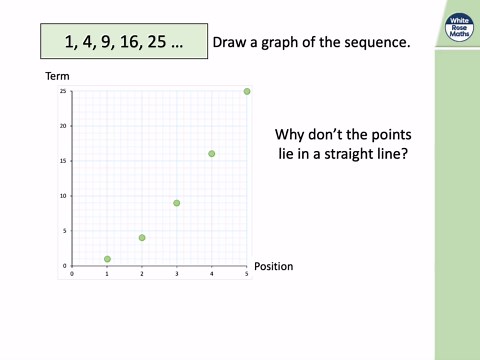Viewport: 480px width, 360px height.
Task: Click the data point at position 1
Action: pos(107,259)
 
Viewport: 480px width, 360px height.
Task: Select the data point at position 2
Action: pos(142,238)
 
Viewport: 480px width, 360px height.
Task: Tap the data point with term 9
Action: pos(177,203)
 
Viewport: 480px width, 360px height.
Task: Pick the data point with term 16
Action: pos(212,154)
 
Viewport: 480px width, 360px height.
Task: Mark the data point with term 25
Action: pos(247,91)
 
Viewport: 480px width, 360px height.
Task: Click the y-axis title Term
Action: pos(56,76)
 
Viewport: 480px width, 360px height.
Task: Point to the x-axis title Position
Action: pos(273,267)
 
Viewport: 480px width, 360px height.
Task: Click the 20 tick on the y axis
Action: pos(63,126)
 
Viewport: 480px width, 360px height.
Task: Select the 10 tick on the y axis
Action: pos(63,196)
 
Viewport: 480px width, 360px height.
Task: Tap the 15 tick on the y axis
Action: pos(63,161)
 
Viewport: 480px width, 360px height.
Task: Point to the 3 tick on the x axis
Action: pos(177,274)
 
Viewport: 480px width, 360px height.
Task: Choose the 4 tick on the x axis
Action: pos(212,274)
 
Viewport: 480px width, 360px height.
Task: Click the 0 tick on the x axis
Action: pos(72,274)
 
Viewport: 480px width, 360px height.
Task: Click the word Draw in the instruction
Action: pos(232,43)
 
